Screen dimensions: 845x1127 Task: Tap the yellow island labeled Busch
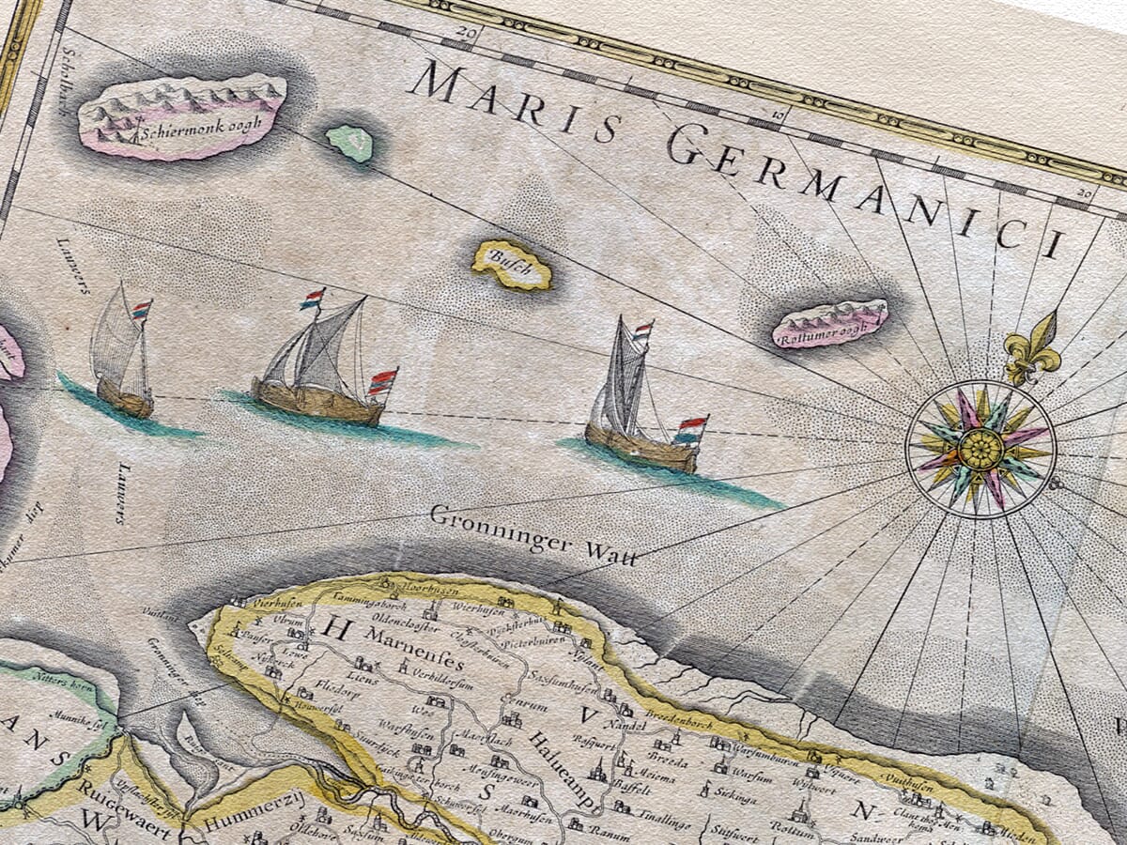pyautogui.click(x=512, y=265)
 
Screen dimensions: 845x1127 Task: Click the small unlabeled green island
pyautogui.click(x=350, y=143)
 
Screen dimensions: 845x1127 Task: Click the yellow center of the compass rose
pyautogui.click(x=980, y=449)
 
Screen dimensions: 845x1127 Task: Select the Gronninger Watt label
pyautogui.click(x=533, y=535)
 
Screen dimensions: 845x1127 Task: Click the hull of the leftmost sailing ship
pyautogui.click(x=125, y=399)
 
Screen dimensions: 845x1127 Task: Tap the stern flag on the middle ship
pyautogui.click(x=382, y=382)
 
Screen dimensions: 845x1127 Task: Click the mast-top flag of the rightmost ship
pyautogui.click(x=642, y=330)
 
